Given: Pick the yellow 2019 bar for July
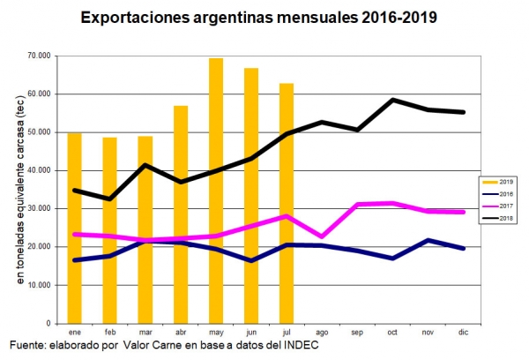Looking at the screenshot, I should click(286, 203).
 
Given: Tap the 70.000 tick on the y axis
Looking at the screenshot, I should click(38, 56).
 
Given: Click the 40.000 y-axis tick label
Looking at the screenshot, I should click(38, 170).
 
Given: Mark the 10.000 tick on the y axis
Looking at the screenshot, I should click(38, 285).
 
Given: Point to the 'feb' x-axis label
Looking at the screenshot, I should click(109, 332).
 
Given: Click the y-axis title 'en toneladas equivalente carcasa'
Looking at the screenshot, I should click(20, 189).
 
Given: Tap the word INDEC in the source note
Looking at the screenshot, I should click(299, 344).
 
